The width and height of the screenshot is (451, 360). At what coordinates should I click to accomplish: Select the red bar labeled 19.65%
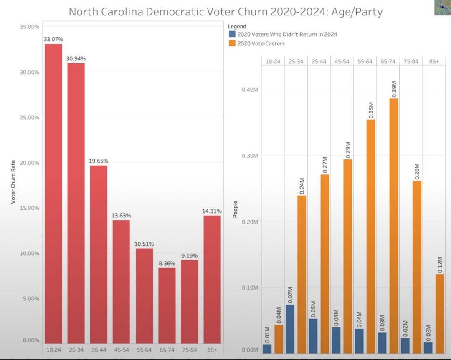[99, 254]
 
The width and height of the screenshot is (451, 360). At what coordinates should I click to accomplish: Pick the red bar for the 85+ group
[212, 279]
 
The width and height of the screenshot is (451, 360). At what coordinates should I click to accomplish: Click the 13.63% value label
[121, 216]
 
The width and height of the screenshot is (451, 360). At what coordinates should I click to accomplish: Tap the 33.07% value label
[53, 39]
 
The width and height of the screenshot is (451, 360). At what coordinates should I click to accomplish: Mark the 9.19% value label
[189, 256]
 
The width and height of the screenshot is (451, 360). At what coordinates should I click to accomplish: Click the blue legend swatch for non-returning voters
[232, 35]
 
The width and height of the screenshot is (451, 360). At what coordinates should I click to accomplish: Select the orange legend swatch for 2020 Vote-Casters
[232, 43]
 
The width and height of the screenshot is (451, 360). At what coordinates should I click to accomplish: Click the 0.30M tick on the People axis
[250, 156]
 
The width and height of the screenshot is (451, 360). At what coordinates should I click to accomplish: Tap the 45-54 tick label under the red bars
[122, 350]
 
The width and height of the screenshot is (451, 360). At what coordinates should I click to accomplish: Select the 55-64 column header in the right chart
[365, 62]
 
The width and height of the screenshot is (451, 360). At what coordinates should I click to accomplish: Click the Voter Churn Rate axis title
[13, 182]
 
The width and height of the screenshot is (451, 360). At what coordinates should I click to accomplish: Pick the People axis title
[235, 209]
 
